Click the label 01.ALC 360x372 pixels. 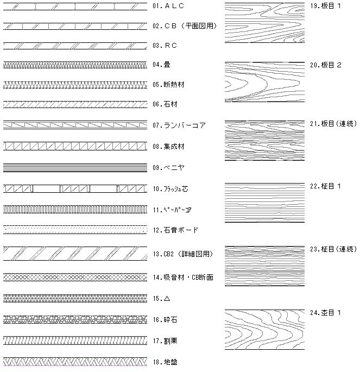[168, 6]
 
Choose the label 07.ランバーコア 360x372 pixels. [179, 125]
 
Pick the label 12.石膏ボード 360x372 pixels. [175, 230]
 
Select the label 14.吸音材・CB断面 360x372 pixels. [182, 278]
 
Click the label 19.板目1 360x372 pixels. [325, 6]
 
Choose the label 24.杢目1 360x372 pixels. [325, 313]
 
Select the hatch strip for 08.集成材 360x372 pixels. [75, 146]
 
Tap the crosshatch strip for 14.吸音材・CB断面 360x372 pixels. [75, 277]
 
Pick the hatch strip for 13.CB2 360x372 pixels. [75, 254]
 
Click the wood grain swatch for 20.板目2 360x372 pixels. [264, 82]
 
